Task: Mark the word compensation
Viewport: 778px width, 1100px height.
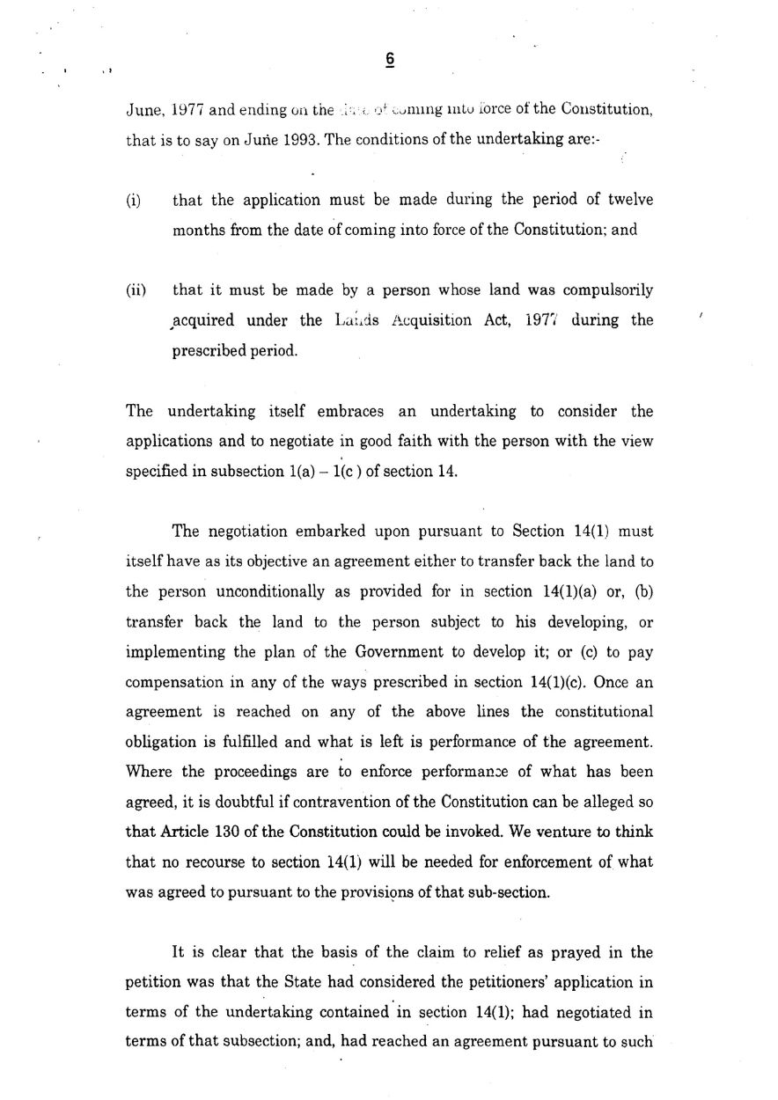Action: pos(170,682)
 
